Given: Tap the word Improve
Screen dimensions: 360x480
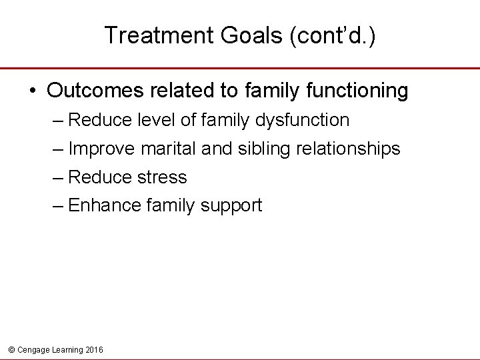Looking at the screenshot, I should [x=100, y=149].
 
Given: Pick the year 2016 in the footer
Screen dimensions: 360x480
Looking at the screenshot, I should [x=94, y=349].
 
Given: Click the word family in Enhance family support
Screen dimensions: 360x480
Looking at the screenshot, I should [x=167, y=205].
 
